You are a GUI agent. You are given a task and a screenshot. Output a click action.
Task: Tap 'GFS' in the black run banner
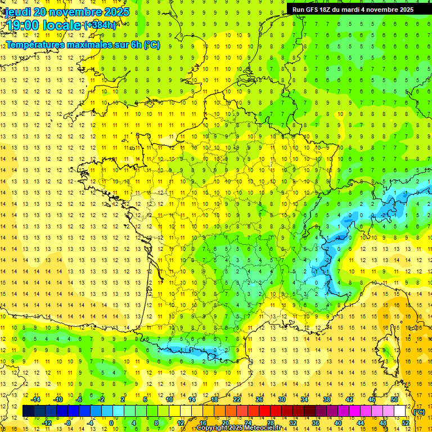coord(312,10)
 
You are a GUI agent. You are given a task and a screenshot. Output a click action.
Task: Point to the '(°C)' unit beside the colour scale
coord(419,412)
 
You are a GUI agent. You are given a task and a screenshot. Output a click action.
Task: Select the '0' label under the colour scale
coord(111,423)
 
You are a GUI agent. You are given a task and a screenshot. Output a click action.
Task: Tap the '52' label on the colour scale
coord(405,423)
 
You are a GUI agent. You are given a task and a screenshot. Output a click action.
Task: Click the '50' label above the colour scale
coord(394,399)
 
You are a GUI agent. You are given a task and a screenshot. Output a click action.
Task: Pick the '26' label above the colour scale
coord(259,399)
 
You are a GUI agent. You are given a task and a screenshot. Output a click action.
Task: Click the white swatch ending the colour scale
coord(399,411)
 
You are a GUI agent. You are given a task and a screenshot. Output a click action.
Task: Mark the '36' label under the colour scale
coord(315,423)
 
